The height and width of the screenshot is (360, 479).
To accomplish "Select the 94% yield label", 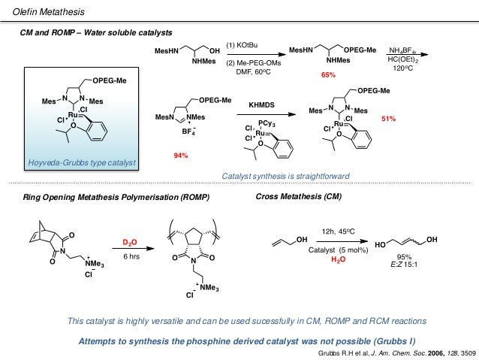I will tap(180, 156).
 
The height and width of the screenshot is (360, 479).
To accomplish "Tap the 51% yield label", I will tap(389, 119).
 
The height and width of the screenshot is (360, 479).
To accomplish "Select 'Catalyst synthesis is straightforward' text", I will tap(286, 176).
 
